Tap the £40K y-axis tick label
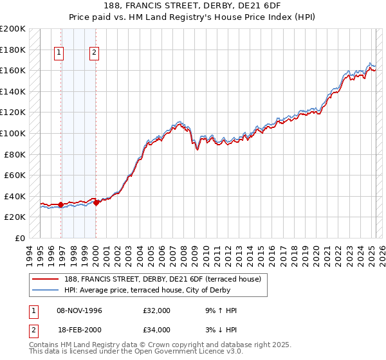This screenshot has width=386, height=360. coord(15,196)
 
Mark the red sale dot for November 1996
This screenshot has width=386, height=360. coord(60,205)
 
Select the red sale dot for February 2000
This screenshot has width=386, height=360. coord(96,203)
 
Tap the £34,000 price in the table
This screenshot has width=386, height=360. coord(156,330)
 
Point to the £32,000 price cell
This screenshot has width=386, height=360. coord(156,310)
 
